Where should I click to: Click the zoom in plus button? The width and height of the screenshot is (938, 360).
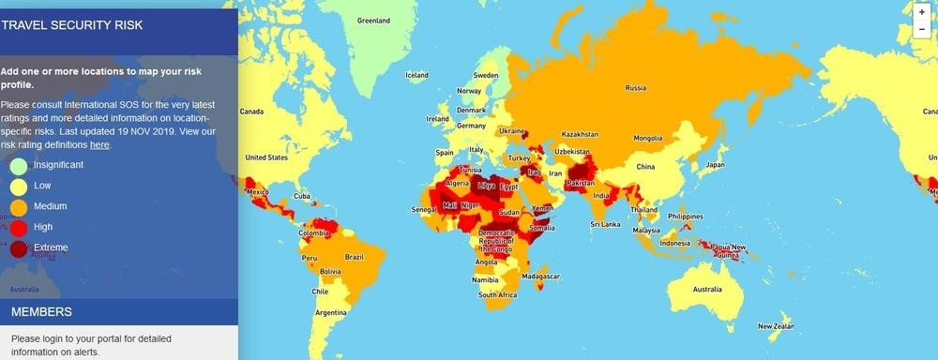[922, 12]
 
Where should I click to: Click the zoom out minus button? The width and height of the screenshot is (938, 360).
[922, 29]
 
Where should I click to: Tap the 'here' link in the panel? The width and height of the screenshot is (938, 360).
[99, 145]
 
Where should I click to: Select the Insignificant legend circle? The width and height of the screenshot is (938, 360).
[19, 166]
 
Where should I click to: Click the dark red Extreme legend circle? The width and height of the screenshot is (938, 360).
[19, 248]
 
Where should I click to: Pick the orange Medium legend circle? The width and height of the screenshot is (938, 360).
[19, 207]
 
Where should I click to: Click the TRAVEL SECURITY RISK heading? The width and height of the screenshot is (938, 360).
[72, 24]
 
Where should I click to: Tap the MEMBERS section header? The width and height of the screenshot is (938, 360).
[41, 311]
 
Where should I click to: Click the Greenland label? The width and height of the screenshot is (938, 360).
[372, 20]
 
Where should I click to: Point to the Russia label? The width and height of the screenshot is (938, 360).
[635, 88]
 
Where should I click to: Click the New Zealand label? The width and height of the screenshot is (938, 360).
[777, 325]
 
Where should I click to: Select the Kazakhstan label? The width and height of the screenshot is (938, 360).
[580, 134]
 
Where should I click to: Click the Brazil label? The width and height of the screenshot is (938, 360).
[355, 257]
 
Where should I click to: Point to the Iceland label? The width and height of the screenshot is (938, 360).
[416, 75]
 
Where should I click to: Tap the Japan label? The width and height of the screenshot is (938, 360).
[715, 165]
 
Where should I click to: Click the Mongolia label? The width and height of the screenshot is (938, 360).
[648, 138]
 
